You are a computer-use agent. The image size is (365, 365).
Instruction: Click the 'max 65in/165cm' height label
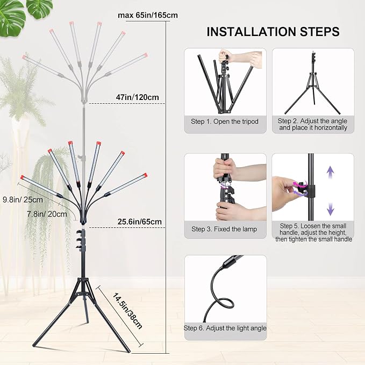click(x=148, y=16)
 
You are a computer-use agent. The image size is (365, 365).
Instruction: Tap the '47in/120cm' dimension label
click(x=137, y=97)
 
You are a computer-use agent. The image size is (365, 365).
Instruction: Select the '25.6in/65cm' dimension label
click(x=139, y=221)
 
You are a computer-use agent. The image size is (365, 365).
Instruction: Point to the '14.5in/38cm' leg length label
click(x=127, y=311)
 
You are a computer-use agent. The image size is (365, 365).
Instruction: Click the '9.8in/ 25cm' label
click(x=23, y=200)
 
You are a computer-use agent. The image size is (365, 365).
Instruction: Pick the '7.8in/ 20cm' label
click(x=47, y=214)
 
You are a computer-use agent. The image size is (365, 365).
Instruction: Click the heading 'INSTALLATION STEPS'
click(x=273, y=32)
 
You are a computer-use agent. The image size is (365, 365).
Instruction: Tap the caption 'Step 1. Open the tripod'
click(x=225, y=121)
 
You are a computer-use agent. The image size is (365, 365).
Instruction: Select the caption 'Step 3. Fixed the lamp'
click(x=224, y=229)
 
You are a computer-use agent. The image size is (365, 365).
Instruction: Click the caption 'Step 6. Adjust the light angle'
click(x=225, y=328)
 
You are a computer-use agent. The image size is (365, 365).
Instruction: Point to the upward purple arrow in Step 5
click(x=330, y=172)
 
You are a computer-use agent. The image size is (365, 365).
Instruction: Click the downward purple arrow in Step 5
click(x=330, y=209)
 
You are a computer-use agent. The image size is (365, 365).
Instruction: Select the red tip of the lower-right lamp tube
click(x=146, y=175)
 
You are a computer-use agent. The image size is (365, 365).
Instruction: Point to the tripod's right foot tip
click(x=128, y=350)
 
